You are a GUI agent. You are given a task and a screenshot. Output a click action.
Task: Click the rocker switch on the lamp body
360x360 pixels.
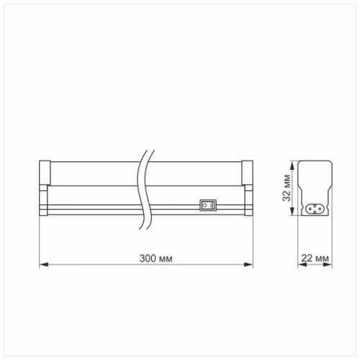(x=208, y=205)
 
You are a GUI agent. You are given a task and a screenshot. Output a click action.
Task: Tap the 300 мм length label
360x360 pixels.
(x=156, y=258)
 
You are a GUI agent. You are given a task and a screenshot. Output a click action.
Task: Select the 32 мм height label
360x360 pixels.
(x=287, y=188)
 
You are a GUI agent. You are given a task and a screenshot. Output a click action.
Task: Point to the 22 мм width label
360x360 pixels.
(x=315, y=258)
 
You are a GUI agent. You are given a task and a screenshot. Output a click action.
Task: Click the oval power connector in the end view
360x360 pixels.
(x=315, y=209)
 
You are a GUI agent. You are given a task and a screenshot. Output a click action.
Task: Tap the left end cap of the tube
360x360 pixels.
(x=45, y=173)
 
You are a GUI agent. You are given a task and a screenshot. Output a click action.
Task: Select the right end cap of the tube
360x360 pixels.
(x=247, y=173)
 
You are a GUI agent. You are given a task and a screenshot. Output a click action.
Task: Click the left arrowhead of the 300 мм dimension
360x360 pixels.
(x=44, y=264)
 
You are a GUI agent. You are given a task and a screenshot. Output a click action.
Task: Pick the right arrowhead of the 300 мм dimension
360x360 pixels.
(x=248, y=264)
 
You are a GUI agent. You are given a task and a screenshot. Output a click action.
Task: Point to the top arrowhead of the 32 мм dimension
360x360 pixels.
(x=292, y=166)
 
